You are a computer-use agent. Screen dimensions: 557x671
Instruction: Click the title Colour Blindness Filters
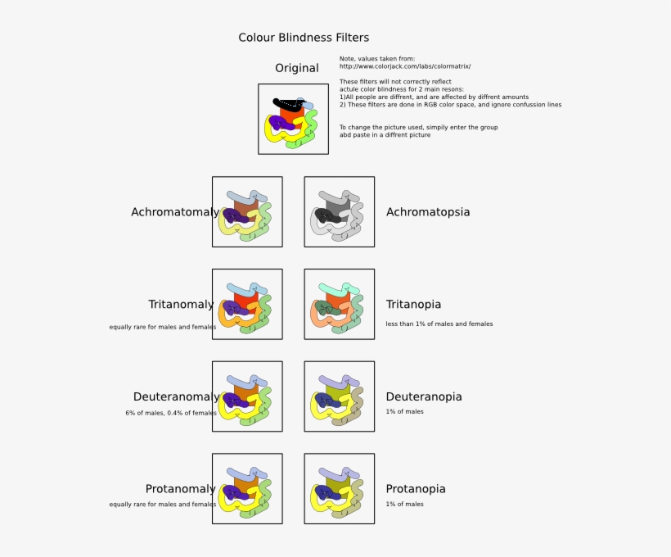click(304, 38)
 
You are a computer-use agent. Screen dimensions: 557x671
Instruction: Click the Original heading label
click(296, 68)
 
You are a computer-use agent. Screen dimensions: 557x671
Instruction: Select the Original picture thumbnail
click(293, 119)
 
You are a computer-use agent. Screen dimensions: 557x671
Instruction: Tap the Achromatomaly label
click(175, 212)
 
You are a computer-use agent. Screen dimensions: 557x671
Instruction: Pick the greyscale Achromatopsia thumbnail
click(339, 211)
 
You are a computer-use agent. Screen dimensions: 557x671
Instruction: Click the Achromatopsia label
click(428, 212)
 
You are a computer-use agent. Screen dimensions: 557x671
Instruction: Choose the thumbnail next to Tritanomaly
click(247, 304)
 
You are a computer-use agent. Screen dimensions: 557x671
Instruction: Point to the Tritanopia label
click(413, 305)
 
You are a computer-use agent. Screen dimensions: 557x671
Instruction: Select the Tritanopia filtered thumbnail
click(339, 304)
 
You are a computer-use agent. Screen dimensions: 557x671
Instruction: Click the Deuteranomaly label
click(176, 397)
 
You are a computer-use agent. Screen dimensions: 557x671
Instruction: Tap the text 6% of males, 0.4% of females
click(171, 413)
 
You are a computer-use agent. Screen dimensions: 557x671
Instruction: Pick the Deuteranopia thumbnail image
click(339, 396)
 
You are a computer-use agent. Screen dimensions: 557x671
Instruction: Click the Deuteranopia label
click(424, 397)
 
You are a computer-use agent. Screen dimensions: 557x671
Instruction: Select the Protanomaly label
click(180, 489)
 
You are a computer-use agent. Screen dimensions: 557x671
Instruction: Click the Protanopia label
click(416, 489)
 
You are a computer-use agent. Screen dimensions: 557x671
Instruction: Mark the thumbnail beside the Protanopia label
click(339, 489)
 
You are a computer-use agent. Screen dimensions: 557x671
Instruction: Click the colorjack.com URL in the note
click(405, 66)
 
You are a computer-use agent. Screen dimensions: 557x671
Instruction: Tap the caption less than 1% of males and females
click(439, 324)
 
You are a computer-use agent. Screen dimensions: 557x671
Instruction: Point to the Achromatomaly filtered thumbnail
click(247, 211)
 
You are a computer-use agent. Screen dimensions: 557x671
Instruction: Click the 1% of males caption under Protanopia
click(405, 504)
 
